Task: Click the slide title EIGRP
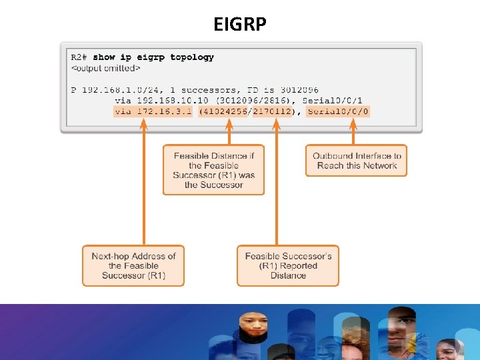pyautogui.click(x=240, y=25)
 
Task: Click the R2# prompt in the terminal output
pyautogui.click(x=80, y=57)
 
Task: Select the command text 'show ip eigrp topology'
pyautogui.click(x=153, y=57)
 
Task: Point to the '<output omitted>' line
pyautogui.click(x=105, y=68)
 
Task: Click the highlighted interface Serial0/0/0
pyautogui.click(x=338, y=111)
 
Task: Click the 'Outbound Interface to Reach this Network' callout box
pyautogui.click(x=356, y=161)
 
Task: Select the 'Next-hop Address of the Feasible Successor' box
pyautogui.click(x=133, y=265)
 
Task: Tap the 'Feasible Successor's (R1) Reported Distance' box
pyautogui.click(x=287, y=265)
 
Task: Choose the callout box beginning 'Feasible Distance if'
pyautogui.click(x=213, y=170)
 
